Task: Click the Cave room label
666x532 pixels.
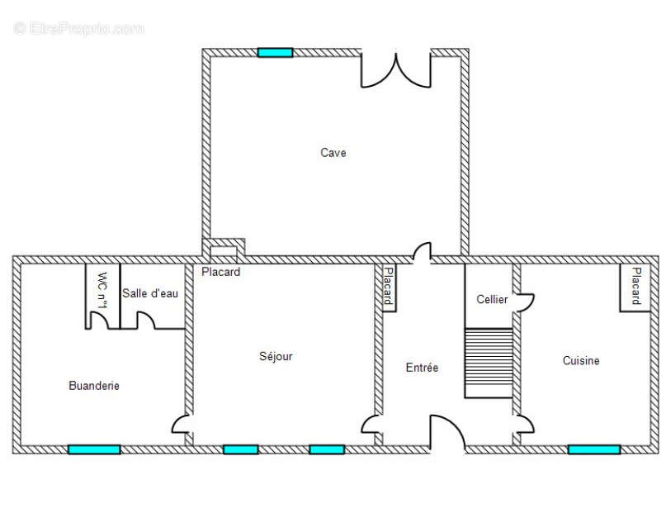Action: [x=333, y=153]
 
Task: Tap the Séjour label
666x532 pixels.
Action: [x=276, y=356]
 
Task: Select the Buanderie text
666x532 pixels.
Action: [x=94, y=386]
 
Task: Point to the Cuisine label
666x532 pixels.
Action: [x=581, y=361]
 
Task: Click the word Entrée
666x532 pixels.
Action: [x=422, y=368]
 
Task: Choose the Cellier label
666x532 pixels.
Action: [x=492, y=299]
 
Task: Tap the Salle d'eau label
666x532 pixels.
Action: [x=150, y=293]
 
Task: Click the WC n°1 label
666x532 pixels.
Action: [x=102, y=290]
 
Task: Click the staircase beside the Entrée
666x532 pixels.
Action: [x=489, y=363]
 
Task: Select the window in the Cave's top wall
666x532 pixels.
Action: [x=276, y=53]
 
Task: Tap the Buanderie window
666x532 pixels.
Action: [x=94, y=449]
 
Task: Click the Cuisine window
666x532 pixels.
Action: [x=594, y=449]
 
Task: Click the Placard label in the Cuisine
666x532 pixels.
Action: [x=635, y=286]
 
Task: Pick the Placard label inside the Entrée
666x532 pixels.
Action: [x=388, y=285]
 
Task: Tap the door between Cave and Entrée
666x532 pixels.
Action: [x=423, y=251]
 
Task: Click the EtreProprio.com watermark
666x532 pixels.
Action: [x=79, y=29]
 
